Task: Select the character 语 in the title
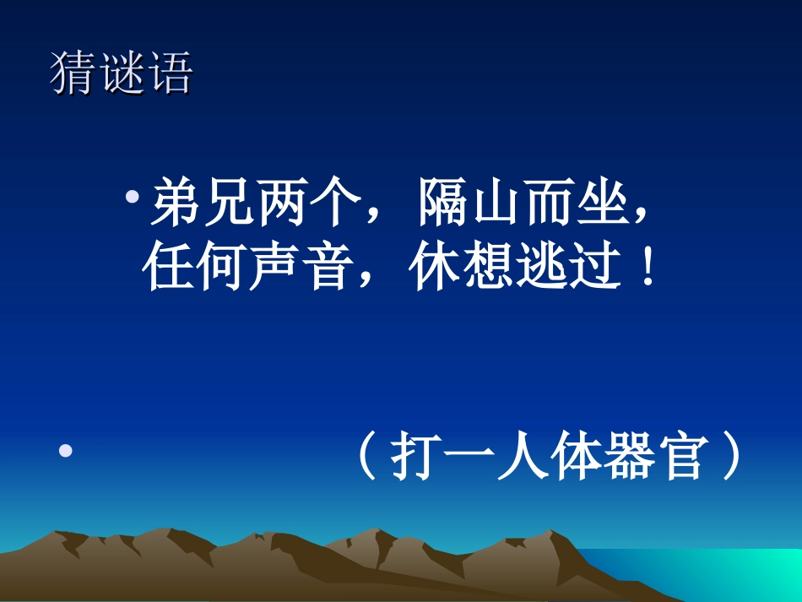point(170,74)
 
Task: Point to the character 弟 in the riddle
point(176,204)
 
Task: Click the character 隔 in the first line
point(443,204)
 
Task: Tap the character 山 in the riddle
point(496,204)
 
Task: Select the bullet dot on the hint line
point(65,452)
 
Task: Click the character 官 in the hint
point(679,458)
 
